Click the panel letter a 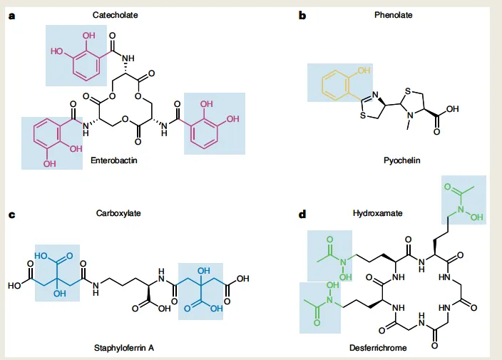point(11,15)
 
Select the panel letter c point(11,213)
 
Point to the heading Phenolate point(391,15)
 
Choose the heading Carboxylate point(115,213)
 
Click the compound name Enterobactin point(113,162)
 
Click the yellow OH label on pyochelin point(364,70)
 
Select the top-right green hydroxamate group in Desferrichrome point(462,201)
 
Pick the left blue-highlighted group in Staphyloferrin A point(57,272)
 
